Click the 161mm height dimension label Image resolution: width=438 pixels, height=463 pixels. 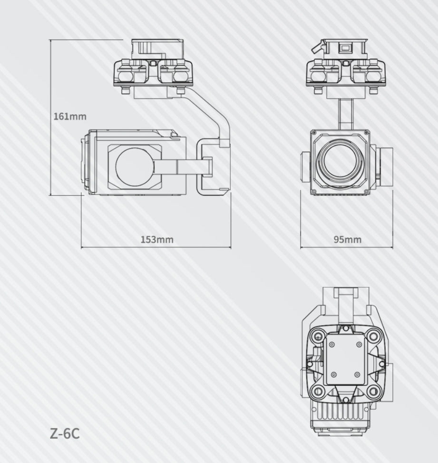[x=70, y=116]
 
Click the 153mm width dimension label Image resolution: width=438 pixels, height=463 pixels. [x=157, y=239]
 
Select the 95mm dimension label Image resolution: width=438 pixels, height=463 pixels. [x=347, y=239]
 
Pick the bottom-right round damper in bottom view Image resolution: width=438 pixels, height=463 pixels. [x=374, y=393]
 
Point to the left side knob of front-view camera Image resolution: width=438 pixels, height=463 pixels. [x=305, y=167]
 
